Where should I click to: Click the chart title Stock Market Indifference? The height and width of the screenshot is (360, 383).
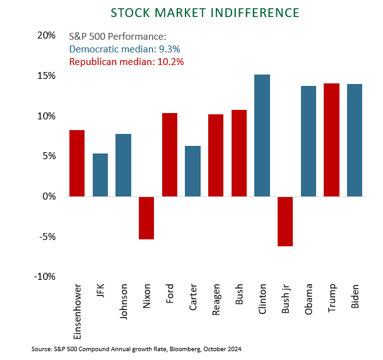(x=204, y=13)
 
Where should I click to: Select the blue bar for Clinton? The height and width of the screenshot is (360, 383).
(x=262, y=135)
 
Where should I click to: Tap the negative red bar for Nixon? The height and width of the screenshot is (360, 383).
(x=146, y=218)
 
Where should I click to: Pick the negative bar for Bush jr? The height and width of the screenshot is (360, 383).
(x=285, y=221)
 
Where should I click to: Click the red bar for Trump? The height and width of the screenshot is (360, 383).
(x=331, y=140)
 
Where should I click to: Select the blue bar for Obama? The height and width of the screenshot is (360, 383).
(x=309, y=141)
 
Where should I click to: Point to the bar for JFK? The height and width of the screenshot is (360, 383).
(x=100, y=175)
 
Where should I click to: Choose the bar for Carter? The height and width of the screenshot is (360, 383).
(x=192, y=171)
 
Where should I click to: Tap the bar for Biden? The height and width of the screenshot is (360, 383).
(x=355, y=140)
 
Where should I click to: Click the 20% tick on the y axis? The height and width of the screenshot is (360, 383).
(x=47, y=36)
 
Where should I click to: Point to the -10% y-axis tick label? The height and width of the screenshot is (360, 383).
(x=45, y=277)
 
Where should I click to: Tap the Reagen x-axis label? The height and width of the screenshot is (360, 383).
(x=216, y=302)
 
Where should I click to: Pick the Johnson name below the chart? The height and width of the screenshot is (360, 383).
(x=124, y=303)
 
